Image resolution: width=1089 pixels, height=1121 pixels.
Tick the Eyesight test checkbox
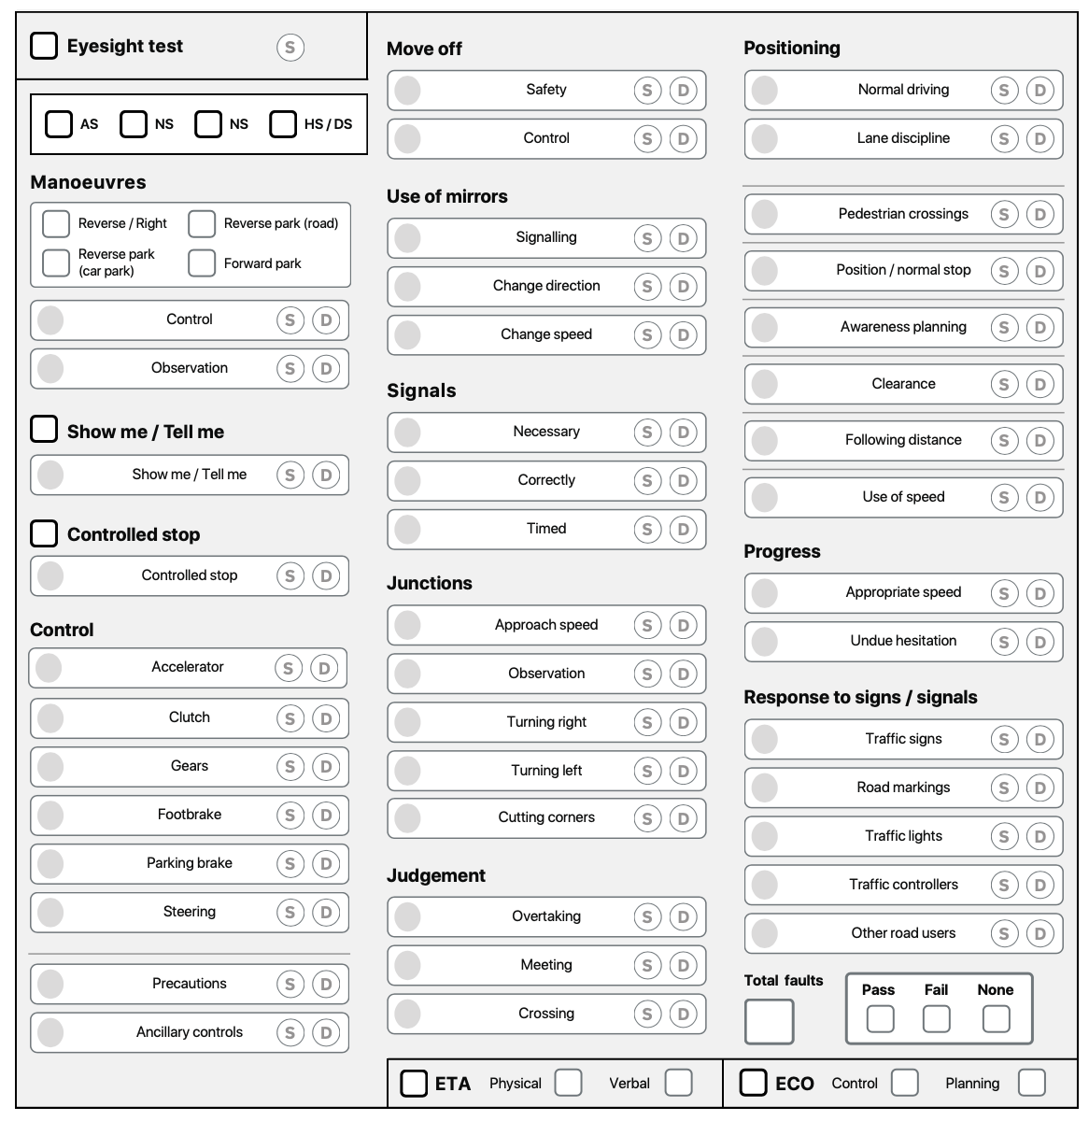point(44,46)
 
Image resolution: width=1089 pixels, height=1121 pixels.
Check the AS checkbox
point(59,123)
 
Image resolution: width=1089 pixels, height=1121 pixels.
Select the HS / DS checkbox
point(283,123)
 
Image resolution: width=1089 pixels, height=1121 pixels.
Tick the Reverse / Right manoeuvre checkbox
point(56,223)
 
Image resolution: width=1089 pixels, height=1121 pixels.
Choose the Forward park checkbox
point(202,263)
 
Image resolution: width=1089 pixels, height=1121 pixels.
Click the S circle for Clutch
point(290,718)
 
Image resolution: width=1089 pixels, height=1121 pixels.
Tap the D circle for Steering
point(326,913)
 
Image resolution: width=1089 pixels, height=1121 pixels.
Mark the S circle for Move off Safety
point(647,91)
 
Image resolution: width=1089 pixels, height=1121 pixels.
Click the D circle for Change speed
point(683,335)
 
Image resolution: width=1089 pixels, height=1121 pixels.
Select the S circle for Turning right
point(647,723)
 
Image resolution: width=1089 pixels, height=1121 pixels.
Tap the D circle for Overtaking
point(683,917)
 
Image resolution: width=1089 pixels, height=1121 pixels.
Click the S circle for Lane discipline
point(1004,139)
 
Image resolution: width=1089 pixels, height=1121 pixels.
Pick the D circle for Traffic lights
point(1039,837)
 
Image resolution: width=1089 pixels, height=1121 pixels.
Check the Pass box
point(880,1018)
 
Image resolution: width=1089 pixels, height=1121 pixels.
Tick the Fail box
point(936,1018)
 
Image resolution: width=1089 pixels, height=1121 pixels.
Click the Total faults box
point(769,1021)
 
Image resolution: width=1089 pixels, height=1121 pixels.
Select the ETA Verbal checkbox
point(678,1083)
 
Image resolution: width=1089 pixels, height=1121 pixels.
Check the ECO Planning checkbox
point(1031,1083)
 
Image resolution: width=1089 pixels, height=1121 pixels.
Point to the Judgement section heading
point(436,875)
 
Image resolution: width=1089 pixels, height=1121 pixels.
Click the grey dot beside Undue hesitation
point(764,641)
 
